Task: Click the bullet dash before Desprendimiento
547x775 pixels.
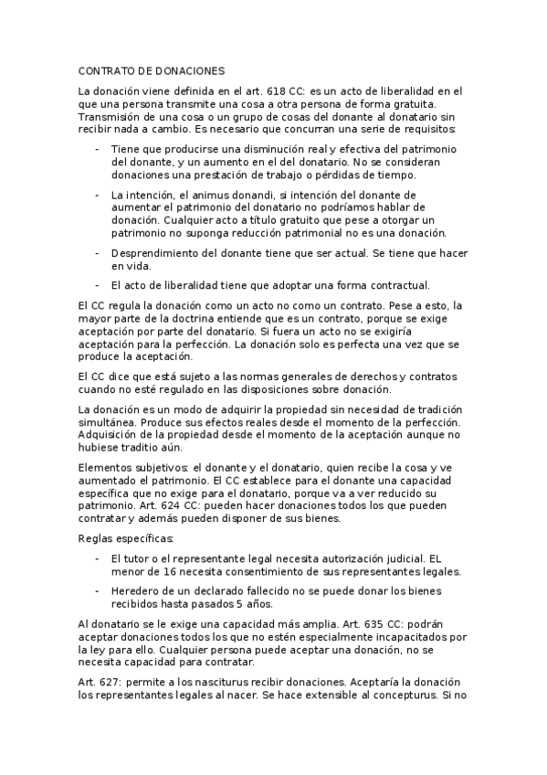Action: (97, 253)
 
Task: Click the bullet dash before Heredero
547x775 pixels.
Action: (97, 590)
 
